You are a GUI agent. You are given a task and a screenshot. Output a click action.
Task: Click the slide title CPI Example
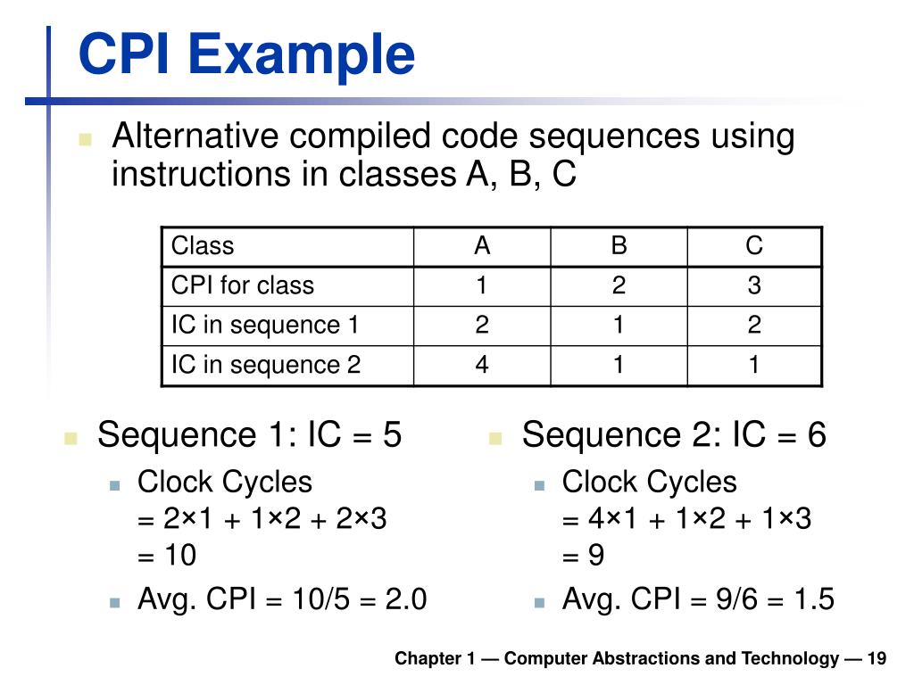(246, 55)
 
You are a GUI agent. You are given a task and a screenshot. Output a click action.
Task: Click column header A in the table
(482, 246)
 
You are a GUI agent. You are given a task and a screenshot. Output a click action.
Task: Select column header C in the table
(754, 246)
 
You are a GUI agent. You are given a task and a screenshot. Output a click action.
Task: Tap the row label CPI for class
(243, 285)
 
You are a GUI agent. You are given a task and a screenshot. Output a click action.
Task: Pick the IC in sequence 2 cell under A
(482, 365)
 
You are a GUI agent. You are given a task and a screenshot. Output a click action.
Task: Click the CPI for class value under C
(754, 285)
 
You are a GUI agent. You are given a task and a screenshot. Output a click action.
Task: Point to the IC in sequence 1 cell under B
(619, 326)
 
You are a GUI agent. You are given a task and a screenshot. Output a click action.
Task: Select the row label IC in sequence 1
(265, 326)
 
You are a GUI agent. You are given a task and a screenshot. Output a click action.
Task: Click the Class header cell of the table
(203, 246)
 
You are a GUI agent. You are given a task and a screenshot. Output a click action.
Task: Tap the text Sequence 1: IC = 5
(249, 435)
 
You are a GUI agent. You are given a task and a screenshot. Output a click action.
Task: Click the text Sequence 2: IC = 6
(674, 435)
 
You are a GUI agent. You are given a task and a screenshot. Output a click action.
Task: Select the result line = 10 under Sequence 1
(167, 556)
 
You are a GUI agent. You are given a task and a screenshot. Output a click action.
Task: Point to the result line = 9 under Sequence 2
(584, 556)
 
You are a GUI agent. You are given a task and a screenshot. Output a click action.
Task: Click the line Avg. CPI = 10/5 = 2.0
(282, 599)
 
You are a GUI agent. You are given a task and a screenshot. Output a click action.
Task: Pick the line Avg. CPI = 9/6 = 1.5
(698, 599)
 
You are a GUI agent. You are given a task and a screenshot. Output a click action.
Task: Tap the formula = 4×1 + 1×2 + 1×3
(686, 518)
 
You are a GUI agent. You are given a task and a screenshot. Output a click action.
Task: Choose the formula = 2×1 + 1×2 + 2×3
(262, 518)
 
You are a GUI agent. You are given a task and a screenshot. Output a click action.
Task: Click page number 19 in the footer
(876, 659)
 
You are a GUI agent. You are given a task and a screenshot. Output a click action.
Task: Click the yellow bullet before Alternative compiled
(86, 139)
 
